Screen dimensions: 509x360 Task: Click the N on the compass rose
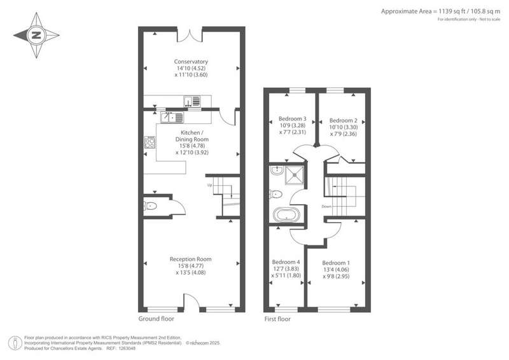click(36, 35)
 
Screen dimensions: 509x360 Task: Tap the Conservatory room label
click(191, 62)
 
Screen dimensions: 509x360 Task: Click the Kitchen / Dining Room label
click(192, 136)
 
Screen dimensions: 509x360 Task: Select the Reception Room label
click(190, 259)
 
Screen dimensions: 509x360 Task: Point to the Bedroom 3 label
click(293, 119)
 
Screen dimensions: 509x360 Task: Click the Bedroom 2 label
click(344, 120)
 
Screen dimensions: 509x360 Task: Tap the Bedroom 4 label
click(286, 262)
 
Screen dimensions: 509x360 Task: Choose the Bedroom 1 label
click(336, 263)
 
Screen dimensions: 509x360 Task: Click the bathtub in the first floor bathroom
click(287, 215)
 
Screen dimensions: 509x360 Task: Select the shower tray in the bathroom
click(295, 175)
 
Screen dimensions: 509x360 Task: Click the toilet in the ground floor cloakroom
click(151, 206)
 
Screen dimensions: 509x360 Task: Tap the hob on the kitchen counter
click(150, 142)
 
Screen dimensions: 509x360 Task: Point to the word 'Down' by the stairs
click(326, 207)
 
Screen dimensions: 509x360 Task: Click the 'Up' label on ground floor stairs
click(210, 185)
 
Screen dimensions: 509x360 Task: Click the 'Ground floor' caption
click(156, 319)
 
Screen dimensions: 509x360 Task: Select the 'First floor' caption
click(277, 319)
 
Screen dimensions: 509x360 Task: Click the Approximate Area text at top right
click(440, 11)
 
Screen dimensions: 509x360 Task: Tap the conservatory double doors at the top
click(190, 35)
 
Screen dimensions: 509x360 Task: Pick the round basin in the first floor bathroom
click(277, 170)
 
